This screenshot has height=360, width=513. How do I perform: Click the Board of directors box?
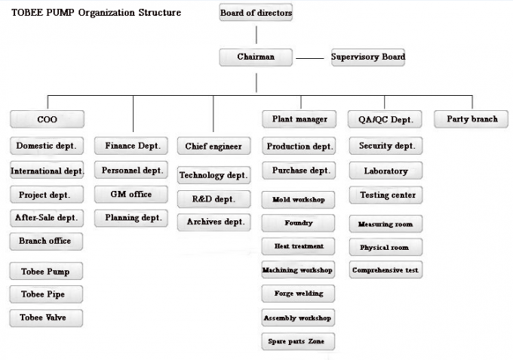click(256, 12)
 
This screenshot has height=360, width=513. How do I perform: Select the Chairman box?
click(256, 57)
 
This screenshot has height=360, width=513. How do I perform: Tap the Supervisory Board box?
click(368, 57)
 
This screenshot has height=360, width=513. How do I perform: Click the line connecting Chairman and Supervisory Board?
click(310, 58)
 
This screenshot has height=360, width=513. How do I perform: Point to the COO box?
click(47, 119)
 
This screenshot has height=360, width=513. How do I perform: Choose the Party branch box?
click(471, 119)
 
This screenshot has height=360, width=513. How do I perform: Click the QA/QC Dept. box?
click(385, 119)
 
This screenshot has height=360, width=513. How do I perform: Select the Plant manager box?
click(299, 119)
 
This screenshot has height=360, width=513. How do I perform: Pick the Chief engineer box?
click(214, 146)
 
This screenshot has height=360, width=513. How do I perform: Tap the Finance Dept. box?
click(131, 146)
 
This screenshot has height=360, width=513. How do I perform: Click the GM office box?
click(131, 195)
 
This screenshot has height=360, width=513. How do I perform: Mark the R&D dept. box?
click(214, 199)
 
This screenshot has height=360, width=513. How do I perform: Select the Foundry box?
click(298, 223)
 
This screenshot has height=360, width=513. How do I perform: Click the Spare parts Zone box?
click(298, 342)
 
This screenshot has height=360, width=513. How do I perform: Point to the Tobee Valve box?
click(46, 318)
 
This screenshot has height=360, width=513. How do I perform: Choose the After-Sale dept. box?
click(47, 218)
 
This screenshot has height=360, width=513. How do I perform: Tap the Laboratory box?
click(386, 171)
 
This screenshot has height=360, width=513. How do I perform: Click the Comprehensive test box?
click(386, 269)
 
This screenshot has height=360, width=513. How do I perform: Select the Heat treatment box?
click(298, 247)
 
